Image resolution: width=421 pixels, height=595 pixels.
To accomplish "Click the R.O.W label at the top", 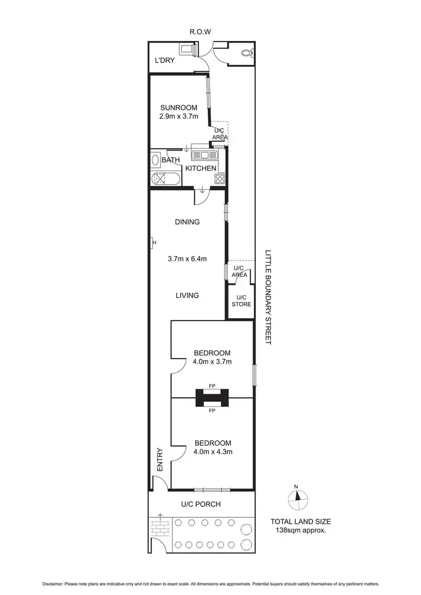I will click(x=200, y=32).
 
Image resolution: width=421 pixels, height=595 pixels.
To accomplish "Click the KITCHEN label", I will click(x=201, y=168).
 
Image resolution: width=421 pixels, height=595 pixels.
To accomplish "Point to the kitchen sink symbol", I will click(x=205, y=154).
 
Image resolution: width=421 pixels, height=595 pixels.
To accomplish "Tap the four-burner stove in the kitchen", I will click(x=219, y=180).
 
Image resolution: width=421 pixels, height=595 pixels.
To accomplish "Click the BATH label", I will click(x=171, y=161).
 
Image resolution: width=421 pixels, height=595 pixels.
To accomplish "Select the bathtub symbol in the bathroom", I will click(x=166, y=180).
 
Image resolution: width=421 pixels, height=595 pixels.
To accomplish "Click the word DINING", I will click(x=187, y=222).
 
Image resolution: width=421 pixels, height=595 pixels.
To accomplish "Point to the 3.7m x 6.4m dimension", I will click(x=187, y=259).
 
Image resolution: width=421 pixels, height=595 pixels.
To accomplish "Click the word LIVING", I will click(x=187, y=295).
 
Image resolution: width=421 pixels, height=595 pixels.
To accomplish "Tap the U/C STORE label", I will click(x=241, y=301).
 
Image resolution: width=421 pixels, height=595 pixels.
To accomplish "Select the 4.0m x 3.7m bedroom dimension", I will click(x=212, y=362).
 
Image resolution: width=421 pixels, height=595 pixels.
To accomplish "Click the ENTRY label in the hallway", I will click(x=159, y=459).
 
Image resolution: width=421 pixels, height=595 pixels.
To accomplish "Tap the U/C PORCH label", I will click(x=200, y=505).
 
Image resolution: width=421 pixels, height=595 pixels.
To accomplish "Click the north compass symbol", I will click(x=298, y=497).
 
